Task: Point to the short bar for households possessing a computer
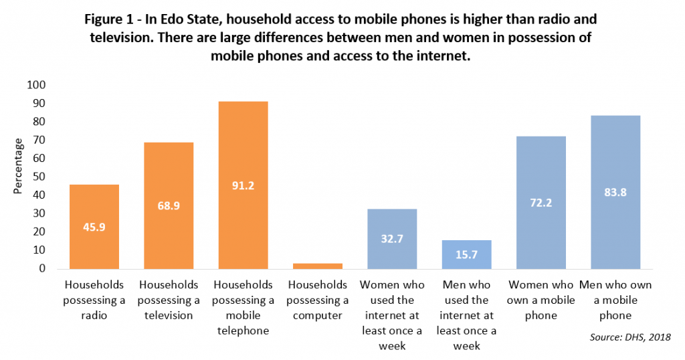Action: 318,266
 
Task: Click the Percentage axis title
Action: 19,166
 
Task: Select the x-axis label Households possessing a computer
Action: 318,300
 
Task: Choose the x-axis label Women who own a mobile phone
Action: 542,300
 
